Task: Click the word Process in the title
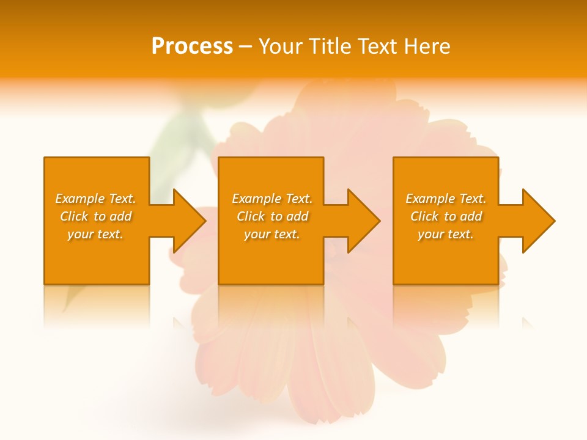[x=192, y=46]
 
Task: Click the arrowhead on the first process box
[x=187, y=221]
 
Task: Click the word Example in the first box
[x=79, y=199]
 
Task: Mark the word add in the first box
[x=121, y=216]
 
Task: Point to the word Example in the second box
[x=256, y=199]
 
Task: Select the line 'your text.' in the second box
[x=271, y=234]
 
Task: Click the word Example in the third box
[x=430, y=199]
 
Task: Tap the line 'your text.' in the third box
[x=445, y=234]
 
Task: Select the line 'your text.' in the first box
[x=95, y=234]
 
